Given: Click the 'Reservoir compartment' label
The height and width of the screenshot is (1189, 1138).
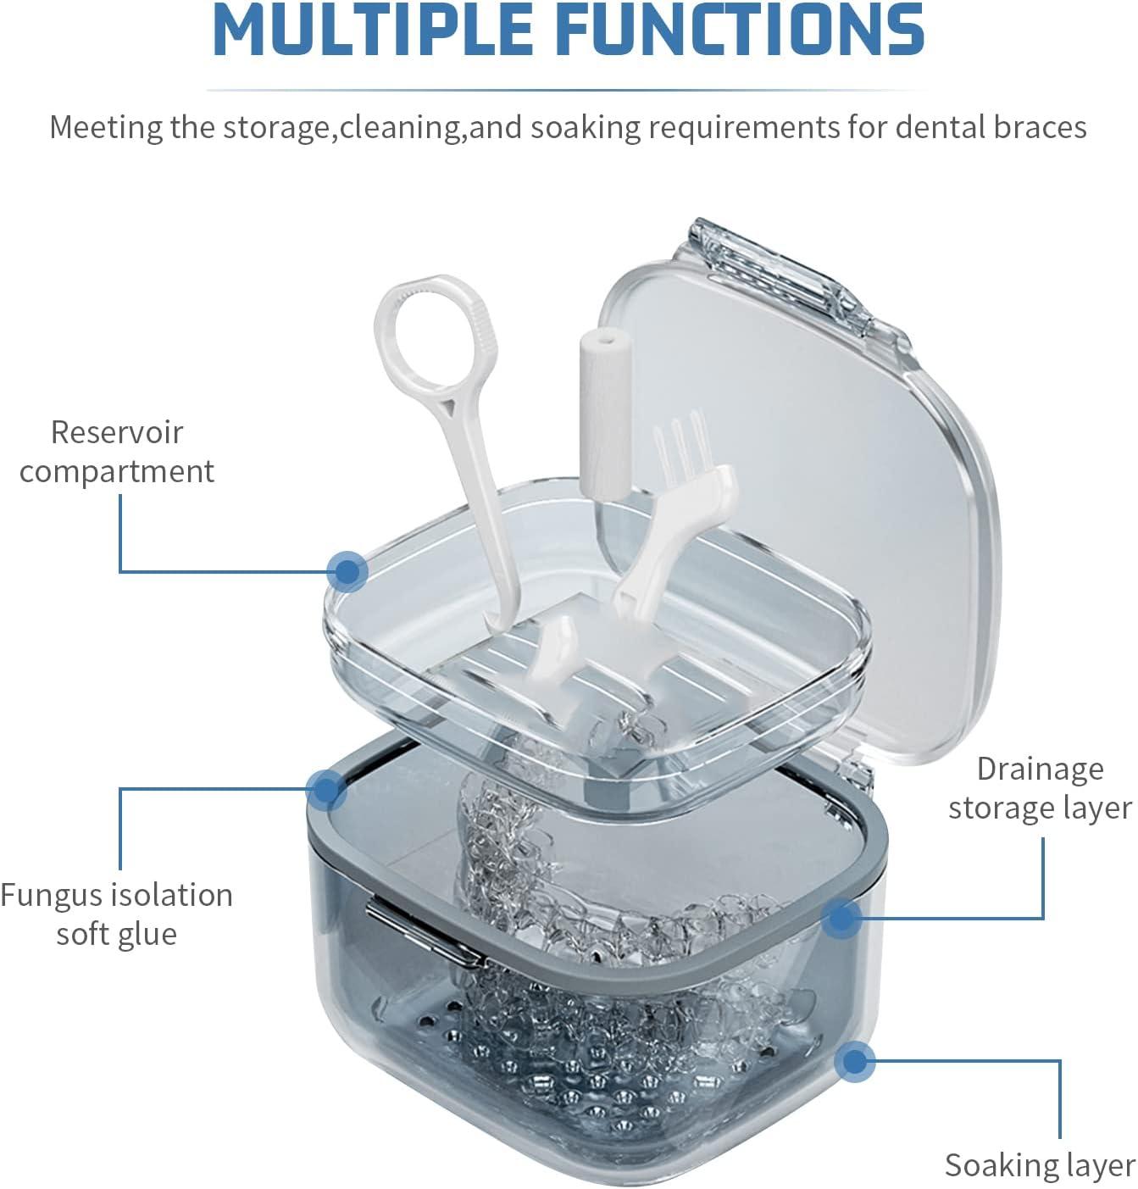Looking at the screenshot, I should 117,452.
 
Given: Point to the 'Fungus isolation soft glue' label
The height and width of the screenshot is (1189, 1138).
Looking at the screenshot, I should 117,914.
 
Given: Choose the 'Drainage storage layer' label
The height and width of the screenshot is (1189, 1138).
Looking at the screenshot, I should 1040,788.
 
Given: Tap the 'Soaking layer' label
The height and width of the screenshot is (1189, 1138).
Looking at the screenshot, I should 1040,1165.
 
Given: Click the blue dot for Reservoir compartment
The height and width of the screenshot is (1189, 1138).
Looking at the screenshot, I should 347,571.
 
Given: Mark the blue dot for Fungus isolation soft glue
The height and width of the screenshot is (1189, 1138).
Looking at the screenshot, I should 326,790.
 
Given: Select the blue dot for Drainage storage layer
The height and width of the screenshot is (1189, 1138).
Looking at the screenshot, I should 841,918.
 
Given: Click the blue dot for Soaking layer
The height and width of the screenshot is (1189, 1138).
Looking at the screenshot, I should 855,1061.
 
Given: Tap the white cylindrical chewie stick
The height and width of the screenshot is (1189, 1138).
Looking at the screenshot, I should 604,415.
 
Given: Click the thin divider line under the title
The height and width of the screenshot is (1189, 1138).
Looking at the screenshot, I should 568,90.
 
